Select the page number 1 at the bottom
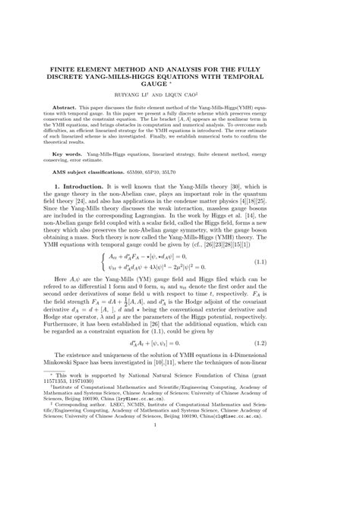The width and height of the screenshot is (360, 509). (180, 489)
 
